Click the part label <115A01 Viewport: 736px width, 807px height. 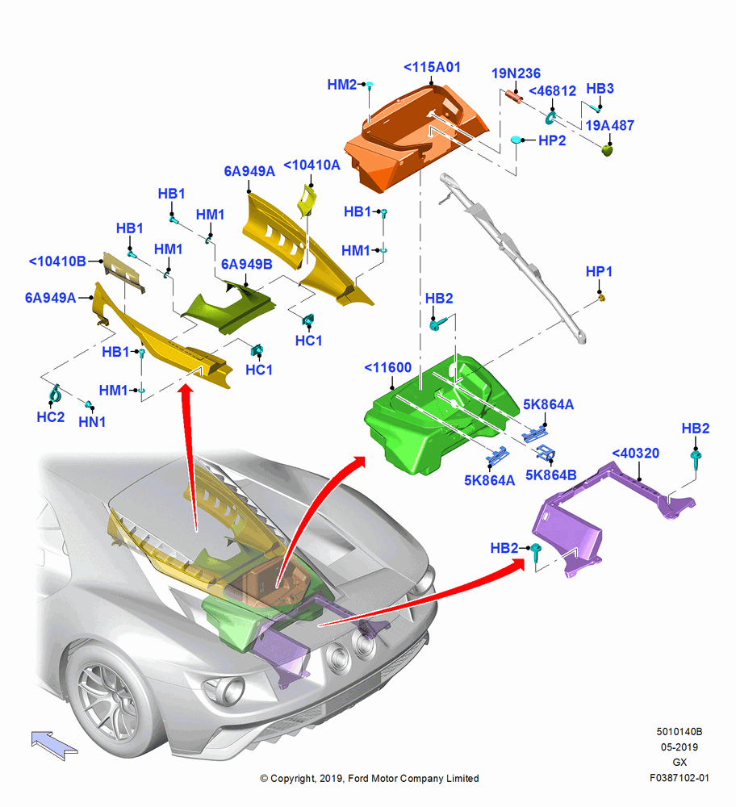[432, 68]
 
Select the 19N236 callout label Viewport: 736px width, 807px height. [516, 73]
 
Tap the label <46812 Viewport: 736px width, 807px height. [552, 91]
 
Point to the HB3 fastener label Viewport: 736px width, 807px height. [600, 89]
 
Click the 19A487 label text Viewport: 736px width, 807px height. [610, 126]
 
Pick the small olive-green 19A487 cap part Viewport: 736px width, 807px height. [608, 150]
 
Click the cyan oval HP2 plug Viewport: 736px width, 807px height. [516, 140]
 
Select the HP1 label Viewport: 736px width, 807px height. [599, 272]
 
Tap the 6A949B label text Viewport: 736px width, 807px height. [246, 265]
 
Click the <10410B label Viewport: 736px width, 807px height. [57, 261]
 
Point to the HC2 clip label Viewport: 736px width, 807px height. [51, 417]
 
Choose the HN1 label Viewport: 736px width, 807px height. [92, 422]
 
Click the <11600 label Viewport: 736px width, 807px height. [387, 367]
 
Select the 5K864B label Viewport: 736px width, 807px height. [550, 475]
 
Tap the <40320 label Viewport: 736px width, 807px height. [636, 454]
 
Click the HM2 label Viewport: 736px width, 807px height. [341, 85]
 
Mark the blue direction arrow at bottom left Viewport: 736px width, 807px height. [55, 745]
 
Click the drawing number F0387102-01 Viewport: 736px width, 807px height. [680, 778]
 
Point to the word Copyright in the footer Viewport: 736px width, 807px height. [292, 779]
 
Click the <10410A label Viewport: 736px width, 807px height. [312, 165]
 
